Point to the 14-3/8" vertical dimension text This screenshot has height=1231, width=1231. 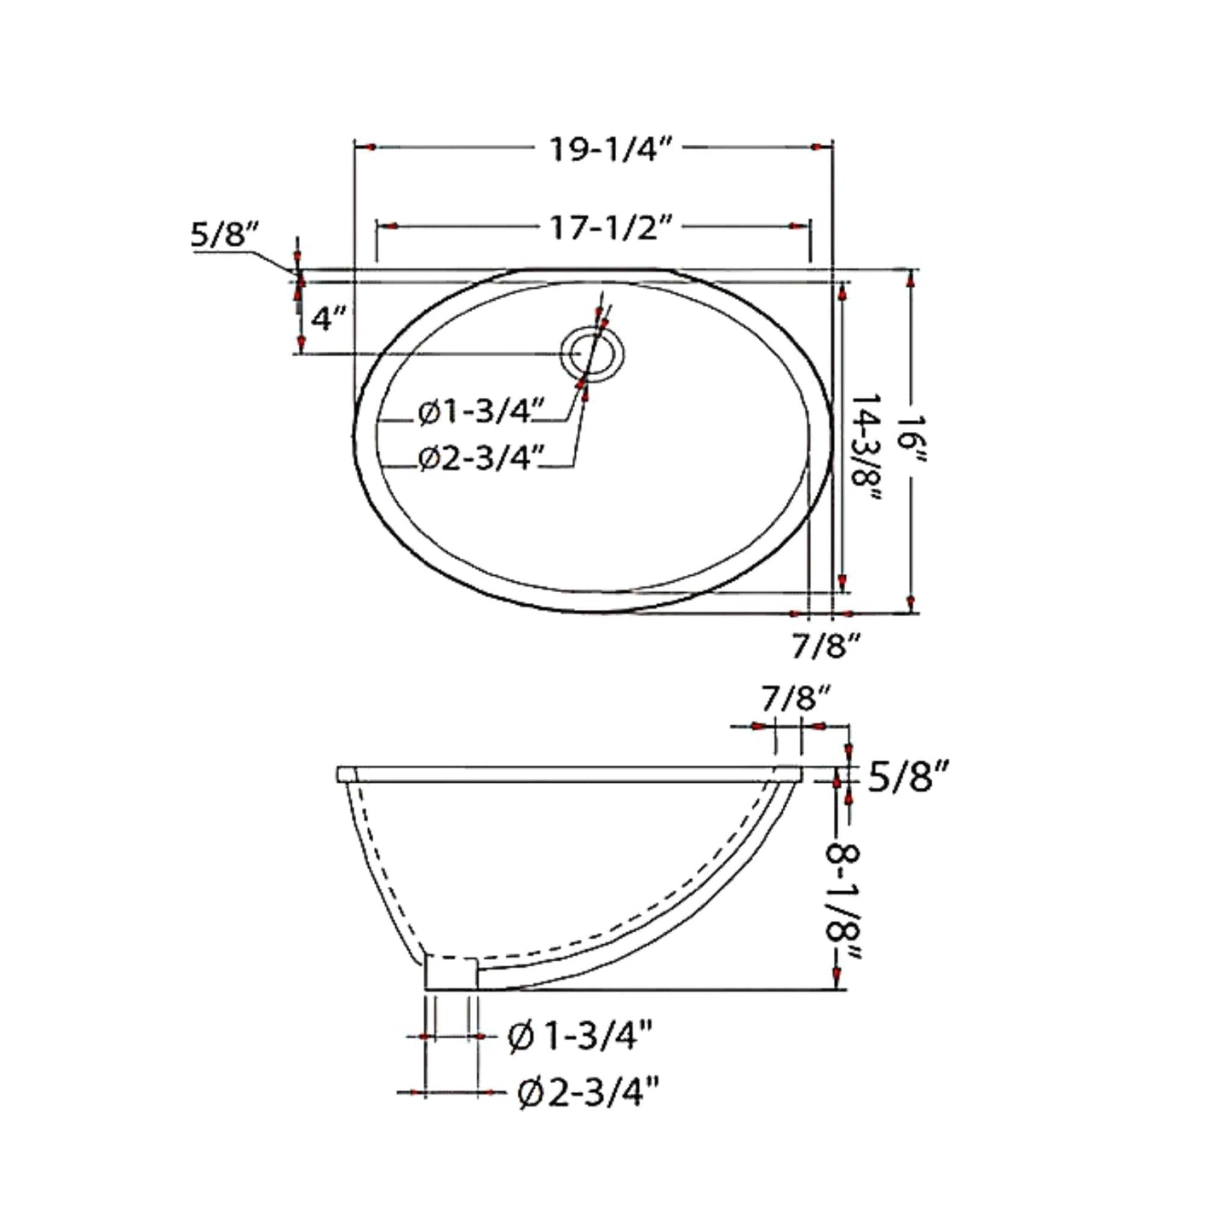[866, 449]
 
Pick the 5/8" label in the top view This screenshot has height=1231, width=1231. [223, 235]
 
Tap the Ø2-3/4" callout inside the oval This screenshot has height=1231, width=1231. [480, 460]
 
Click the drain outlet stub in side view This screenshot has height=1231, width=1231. [451, 973]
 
